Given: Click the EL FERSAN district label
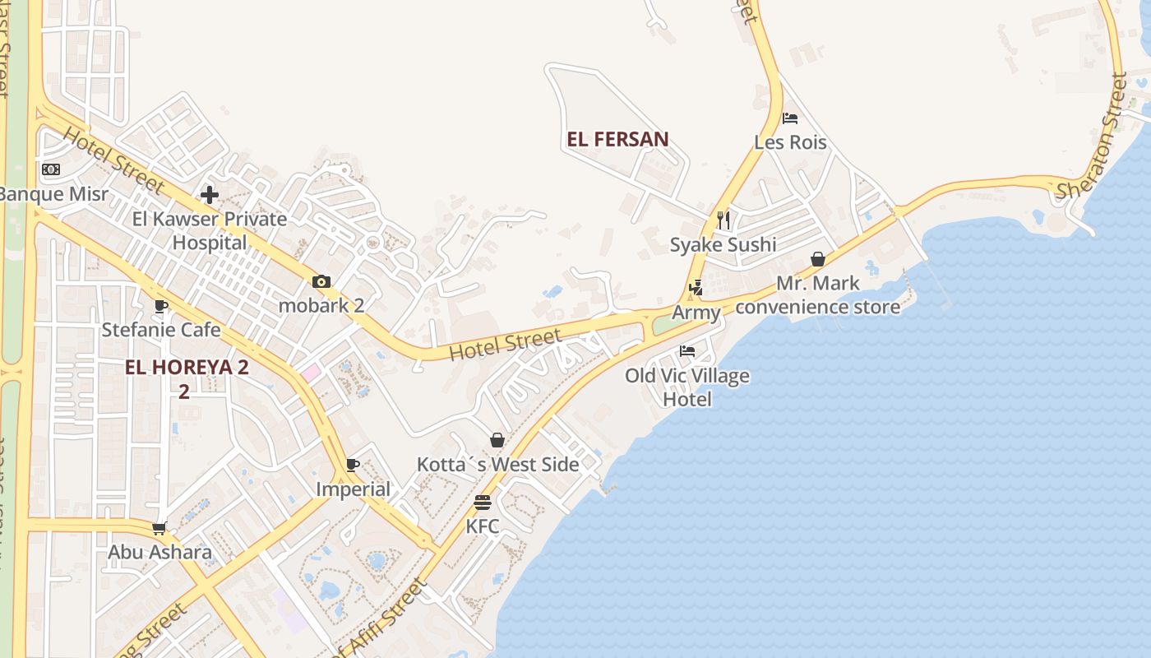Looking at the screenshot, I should (617, 140).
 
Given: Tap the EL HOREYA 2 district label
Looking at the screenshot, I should (186, 368).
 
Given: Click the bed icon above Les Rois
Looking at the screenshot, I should (790, 118).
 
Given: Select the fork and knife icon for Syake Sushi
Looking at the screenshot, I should (723, 220).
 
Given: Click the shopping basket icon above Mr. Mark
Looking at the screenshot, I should (818, 259).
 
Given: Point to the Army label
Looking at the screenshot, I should (696, 313).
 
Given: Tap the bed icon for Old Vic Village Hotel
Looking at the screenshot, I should (687, 351).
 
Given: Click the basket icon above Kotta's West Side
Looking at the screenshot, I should (497, 440).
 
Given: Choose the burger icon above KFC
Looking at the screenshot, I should (483, 502).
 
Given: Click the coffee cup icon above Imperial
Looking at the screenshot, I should (353, 465).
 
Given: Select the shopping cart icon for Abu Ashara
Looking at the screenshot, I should (159, 528).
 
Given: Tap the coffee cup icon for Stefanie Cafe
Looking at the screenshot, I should (161, 306).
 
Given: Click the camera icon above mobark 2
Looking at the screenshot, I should (321, 281).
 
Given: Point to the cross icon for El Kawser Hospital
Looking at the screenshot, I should (210, 195).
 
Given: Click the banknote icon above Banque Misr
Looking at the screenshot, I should (51, 169).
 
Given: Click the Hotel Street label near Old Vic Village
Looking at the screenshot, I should (506, 345).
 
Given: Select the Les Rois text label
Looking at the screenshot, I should (790, 142).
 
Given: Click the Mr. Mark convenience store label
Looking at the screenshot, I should (818, 295).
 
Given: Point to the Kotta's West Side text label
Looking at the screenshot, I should (497, 465).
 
